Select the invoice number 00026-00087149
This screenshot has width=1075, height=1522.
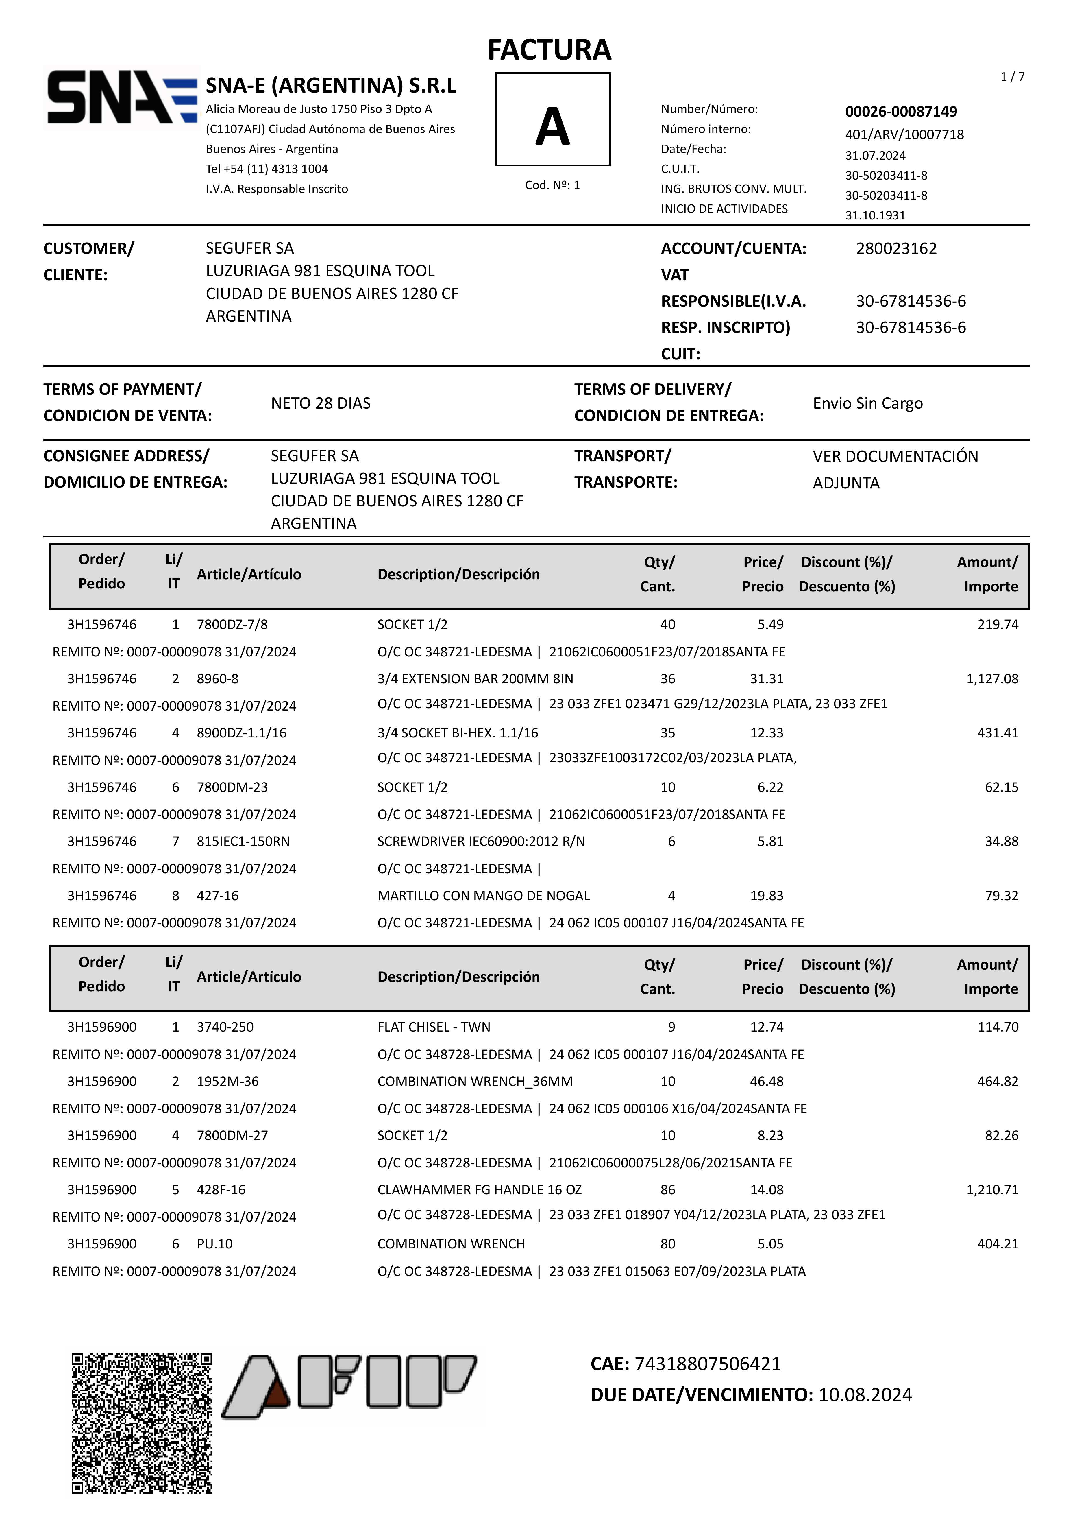[901, 111]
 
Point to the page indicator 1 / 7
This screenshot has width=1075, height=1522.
[1012, 77]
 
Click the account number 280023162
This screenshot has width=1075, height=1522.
[896, 249]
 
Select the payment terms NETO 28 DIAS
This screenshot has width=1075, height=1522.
[321, 403]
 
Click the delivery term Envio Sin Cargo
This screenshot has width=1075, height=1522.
[867, 403]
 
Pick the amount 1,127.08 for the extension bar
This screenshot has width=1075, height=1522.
[992, 679]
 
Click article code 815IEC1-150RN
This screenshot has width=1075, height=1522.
[243, 841]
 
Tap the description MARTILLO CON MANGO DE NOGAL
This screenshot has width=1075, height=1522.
[483, 896]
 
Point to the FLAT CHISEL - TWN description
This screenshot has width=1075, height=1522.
[434, 1027]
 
